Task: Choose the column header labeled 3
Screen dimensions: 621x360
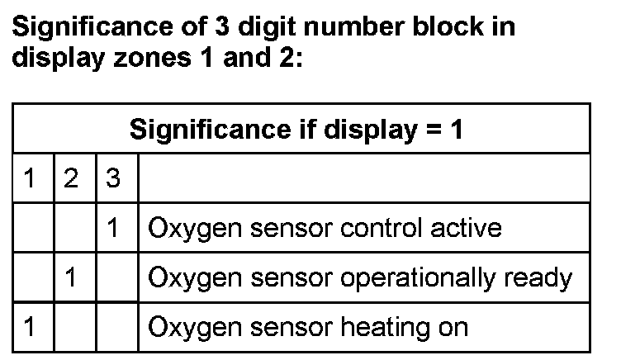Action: click(x=116, y=178)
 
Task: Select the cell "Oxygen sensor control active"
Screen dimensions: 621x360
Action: click(x=325, y=227)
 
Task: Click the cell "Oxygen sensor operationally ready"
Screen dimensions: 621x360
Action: click(x=360, y=277)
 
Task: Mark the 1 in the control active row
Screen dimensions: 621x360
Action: click(x=116, y=228)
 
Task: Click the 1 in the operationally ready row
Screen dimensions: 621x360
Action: click(x=73, y=277)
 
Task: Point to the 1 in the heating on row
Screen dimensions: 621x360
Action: click(x=31, y=326)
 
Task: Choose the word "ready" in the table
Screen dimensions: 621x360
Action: click(x=542, y=278)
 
